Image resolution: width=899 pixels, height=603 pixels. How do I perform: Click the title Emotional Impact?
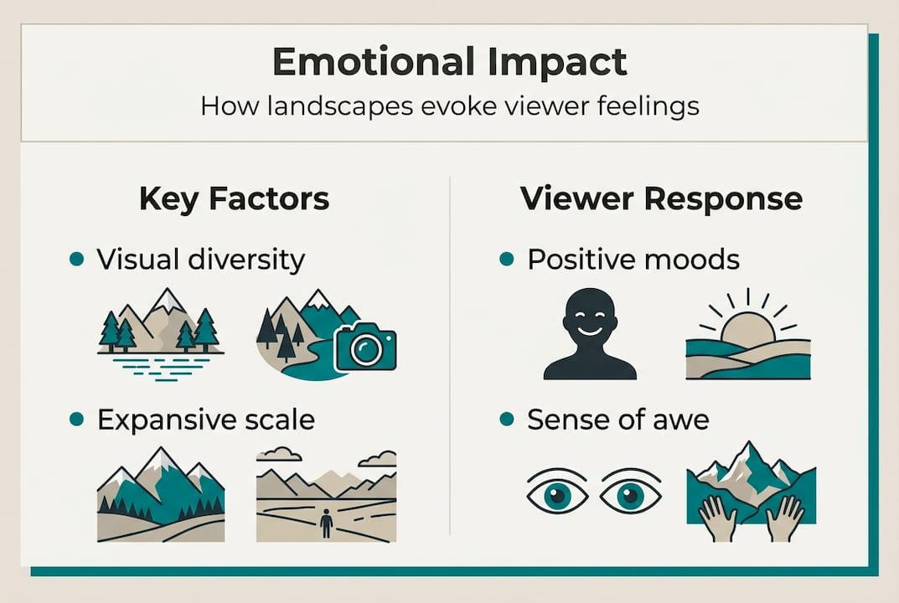click(449, 63)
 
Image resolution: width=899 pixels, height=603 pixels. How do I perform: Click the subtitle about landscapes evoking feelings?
click(449, 107)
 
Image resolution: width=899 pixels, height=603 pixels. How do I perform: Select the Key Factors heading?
click(234, 198)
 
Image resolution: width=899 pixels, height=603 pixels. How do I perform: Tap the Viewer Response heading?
click(661, 198)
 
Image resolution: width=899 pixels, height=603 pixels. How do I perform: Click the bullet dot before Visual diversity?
click(77, 260)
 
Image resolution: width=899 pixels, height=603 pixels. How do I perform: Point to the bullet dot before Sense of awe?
click(506, 420)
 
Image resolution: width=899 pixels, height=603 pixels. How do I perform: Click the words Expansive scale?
click(205, 420)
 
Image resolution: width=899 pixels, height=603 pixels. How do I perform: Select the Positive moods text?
click(633, 260)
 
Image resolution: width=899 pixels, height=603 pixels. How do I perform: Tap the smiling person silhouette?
click(589, 333)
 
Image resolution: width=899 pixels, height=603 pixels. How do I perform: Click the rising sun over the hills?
click(747, 324)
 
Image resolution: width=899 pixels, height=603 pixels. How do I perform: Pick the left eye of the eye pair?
click(556, 495)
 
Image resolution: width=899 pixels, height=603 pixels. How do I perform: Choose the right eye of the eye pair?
click(631, 495)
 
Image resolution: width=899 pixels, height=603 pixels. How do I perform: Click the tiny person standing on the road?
click(326, 524)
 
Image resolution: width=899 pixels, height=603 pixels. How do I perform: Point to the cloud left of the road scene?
click(279, 455)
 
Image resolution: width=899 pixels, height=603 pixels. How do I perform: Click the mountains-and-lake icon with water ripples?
click(160, 335)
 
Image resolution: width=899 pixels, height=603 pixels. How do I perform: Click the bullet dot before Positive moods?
click(506, 260)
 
